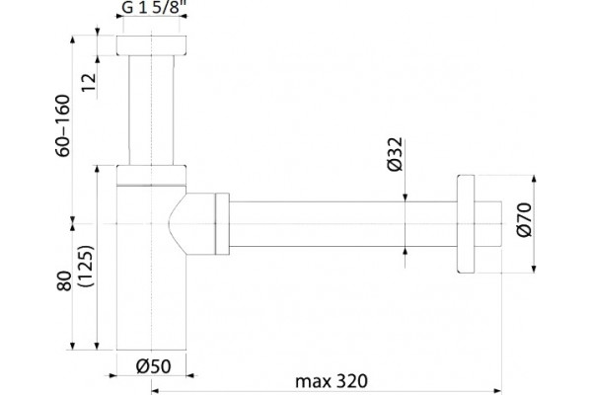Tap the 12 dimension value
89,82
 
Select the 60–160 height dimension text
63,125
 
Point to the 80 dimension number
64,280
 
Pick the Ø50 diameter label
153,366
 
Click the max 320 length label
332,381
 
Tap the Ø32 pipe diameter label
396,154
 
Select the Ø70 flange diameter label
524,220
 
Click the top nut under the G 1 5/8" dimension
151,45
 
